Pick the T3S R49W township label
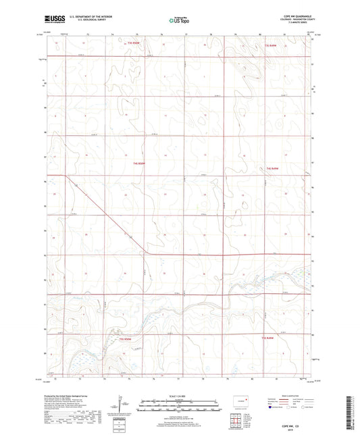272,45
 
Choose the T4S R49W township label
272,167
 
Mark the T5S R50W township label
125,338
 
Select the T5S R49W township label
268,338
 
